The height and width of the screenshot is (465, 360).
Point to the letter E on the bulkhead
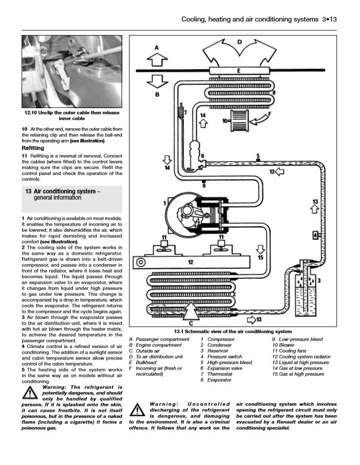(238, 71)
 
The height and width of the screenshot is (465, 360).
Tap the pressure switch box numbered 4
(315, 235)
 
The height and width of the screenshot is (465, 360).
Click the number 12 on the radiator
(191, 262)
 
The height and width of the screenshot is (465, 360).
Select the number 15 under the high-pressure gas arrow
(260, 257)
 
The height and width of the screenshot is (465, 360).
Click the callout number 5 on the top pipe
(258, 156)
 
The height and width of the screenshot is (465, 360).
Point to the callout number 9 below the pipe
(204, 186)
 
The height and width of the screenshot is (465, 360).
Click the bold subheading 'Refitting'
(33, 148)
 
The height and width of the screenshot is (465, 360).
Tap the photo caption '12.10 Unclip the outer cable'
(72, 115)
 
